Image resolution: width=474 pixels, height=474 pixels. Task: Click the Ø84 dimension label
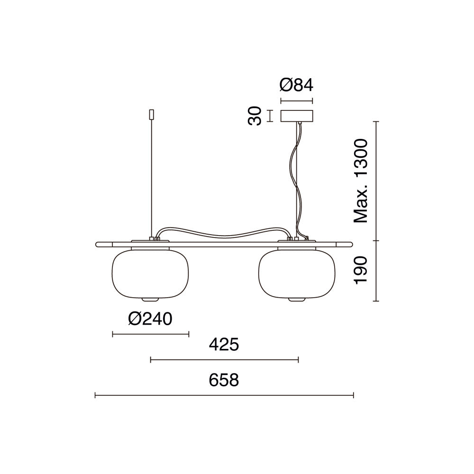point(296,85)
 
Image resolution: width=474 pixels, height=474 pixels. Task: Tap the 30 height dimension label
point(255,116)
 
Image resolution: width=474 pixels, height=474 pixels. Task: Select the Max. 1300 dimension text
point(361,181)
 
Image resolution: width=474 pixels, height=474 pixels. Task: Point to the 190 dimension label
point(361,270)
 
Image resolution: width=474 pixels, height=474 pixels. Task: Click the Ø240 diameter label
point(150,319)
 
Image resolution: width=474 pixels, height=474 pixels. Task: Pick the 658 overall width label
point(224,380)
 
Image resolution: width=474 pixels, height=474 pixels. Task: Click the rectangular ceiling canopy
point(297,116)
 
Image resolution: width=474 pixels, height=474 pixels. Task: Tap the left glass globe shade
point(150,274)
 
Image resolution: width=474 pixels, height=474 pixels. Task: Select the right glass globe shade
point(297,274)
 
